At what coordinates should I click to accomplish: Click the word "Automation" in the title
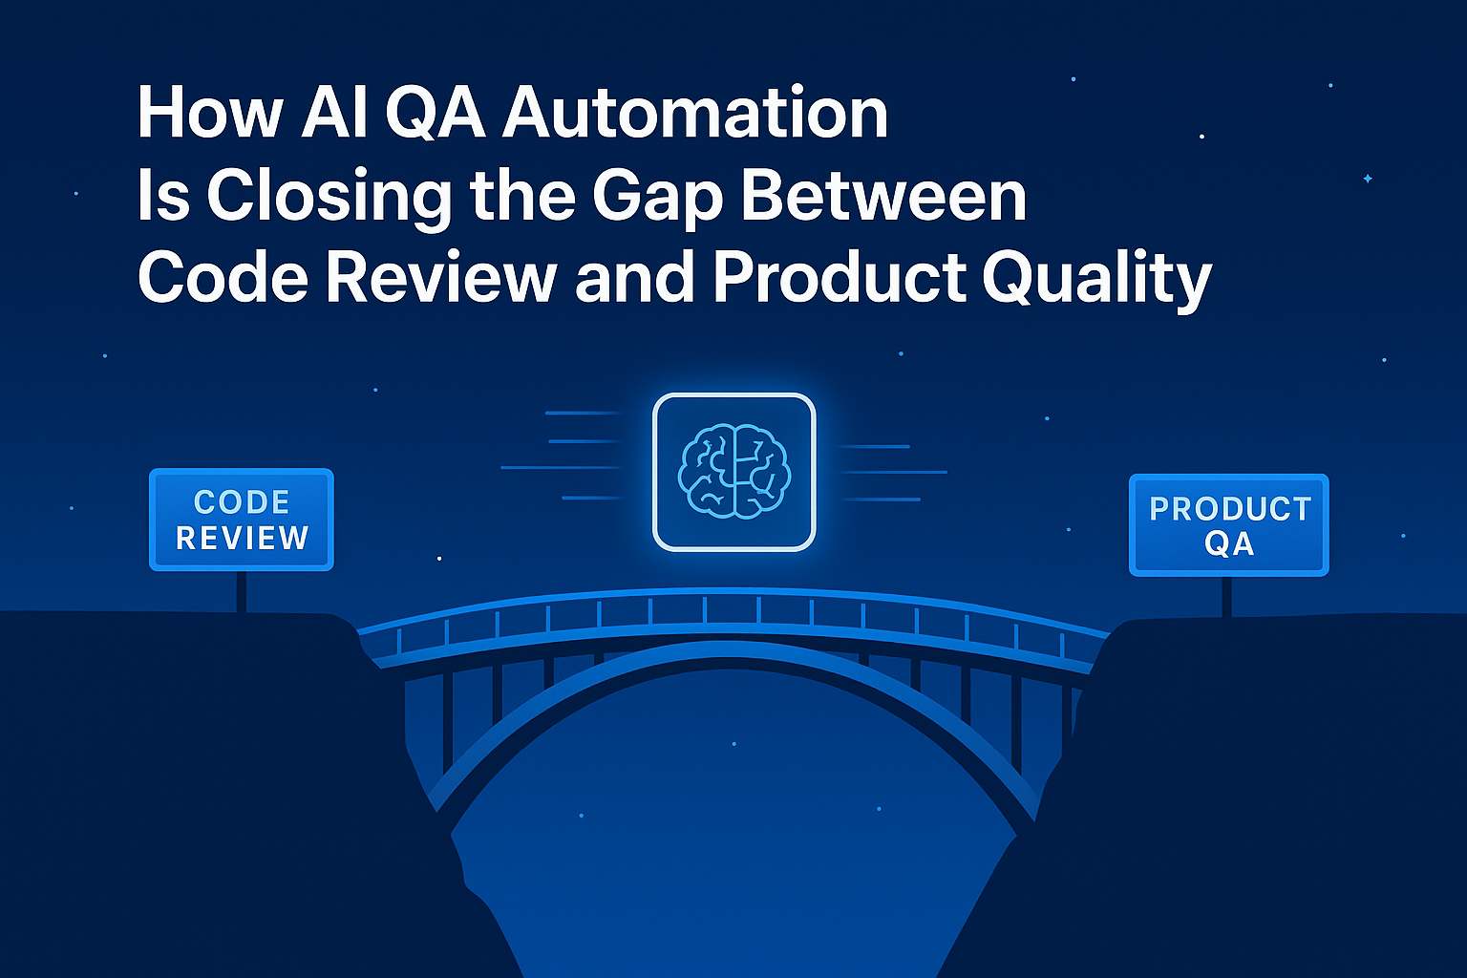(695, 113)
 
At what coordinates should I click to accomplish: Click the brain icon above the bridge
(733, 472)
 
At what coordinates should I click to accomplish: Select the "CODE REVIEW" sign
(242, 520)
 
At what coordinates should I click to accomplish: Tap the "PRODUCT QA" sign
(1229, 525)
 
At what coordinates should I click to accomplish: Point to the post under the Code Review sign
(242, 592)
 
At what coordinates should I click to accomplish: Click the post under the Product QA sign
(1227, 596)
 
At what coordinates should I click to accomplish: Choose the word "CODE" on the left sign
(242, 502)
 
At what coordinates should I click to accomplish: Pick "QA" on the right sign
(1229, 544)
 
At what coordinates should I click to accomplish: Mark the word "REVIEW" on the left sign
(243, 538)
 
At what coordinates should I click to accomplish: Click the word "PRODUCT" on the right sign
(1230, 509)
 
